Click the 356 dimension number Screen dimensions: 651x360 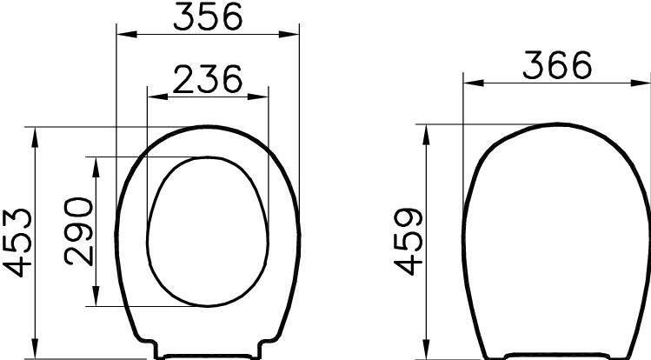point(207,16)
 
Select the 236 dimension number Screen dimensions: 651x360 point(207,78)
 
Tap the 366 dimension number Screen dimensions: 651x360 point(557,64)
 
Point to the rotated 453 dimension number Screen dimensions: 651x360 point(17,243)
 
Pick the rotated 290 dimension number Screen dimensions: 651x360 point(79,231)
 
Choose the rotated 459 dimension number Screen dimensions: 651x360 point(409,241)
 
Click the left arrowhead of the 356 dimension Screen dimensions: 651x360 point(127,34)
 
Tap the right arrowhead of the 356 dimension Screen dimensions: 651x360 point(289,34)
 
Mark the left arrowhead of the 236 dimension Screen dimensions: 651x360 point(158,97)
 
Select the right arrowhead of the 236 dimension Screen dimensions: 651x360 point(258,97)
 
